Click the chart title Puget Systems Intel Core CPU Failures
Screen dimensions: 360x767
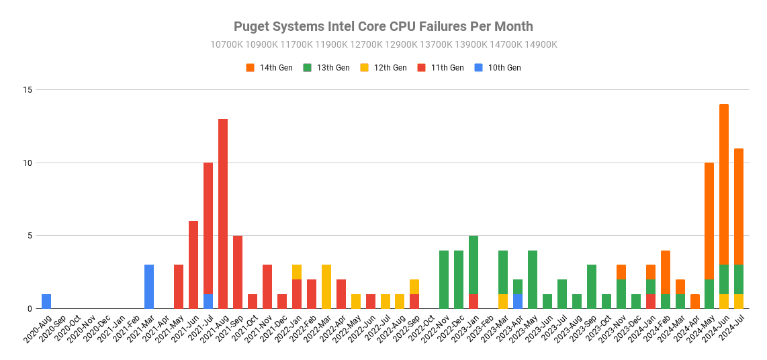383,27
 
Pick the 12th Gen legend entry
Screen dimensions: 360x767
383,68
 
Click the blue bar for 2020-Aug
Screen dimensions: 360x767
46,302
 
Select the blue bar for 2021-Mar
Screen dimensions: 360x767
149,287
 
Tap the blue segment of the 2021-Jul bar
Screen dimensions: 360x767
208,302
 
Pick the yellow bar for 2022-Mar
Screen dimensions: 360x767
326,287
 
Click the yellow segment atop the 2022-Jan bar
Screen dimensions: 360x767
297,272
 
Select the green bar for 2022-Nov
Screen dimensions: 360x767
444,279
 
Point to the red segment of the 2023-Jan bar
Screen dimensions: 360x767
473,302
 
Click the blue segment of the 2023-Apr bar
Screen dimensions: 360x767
518,302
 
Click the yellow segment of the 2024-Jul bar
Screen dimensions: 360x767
739,302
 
